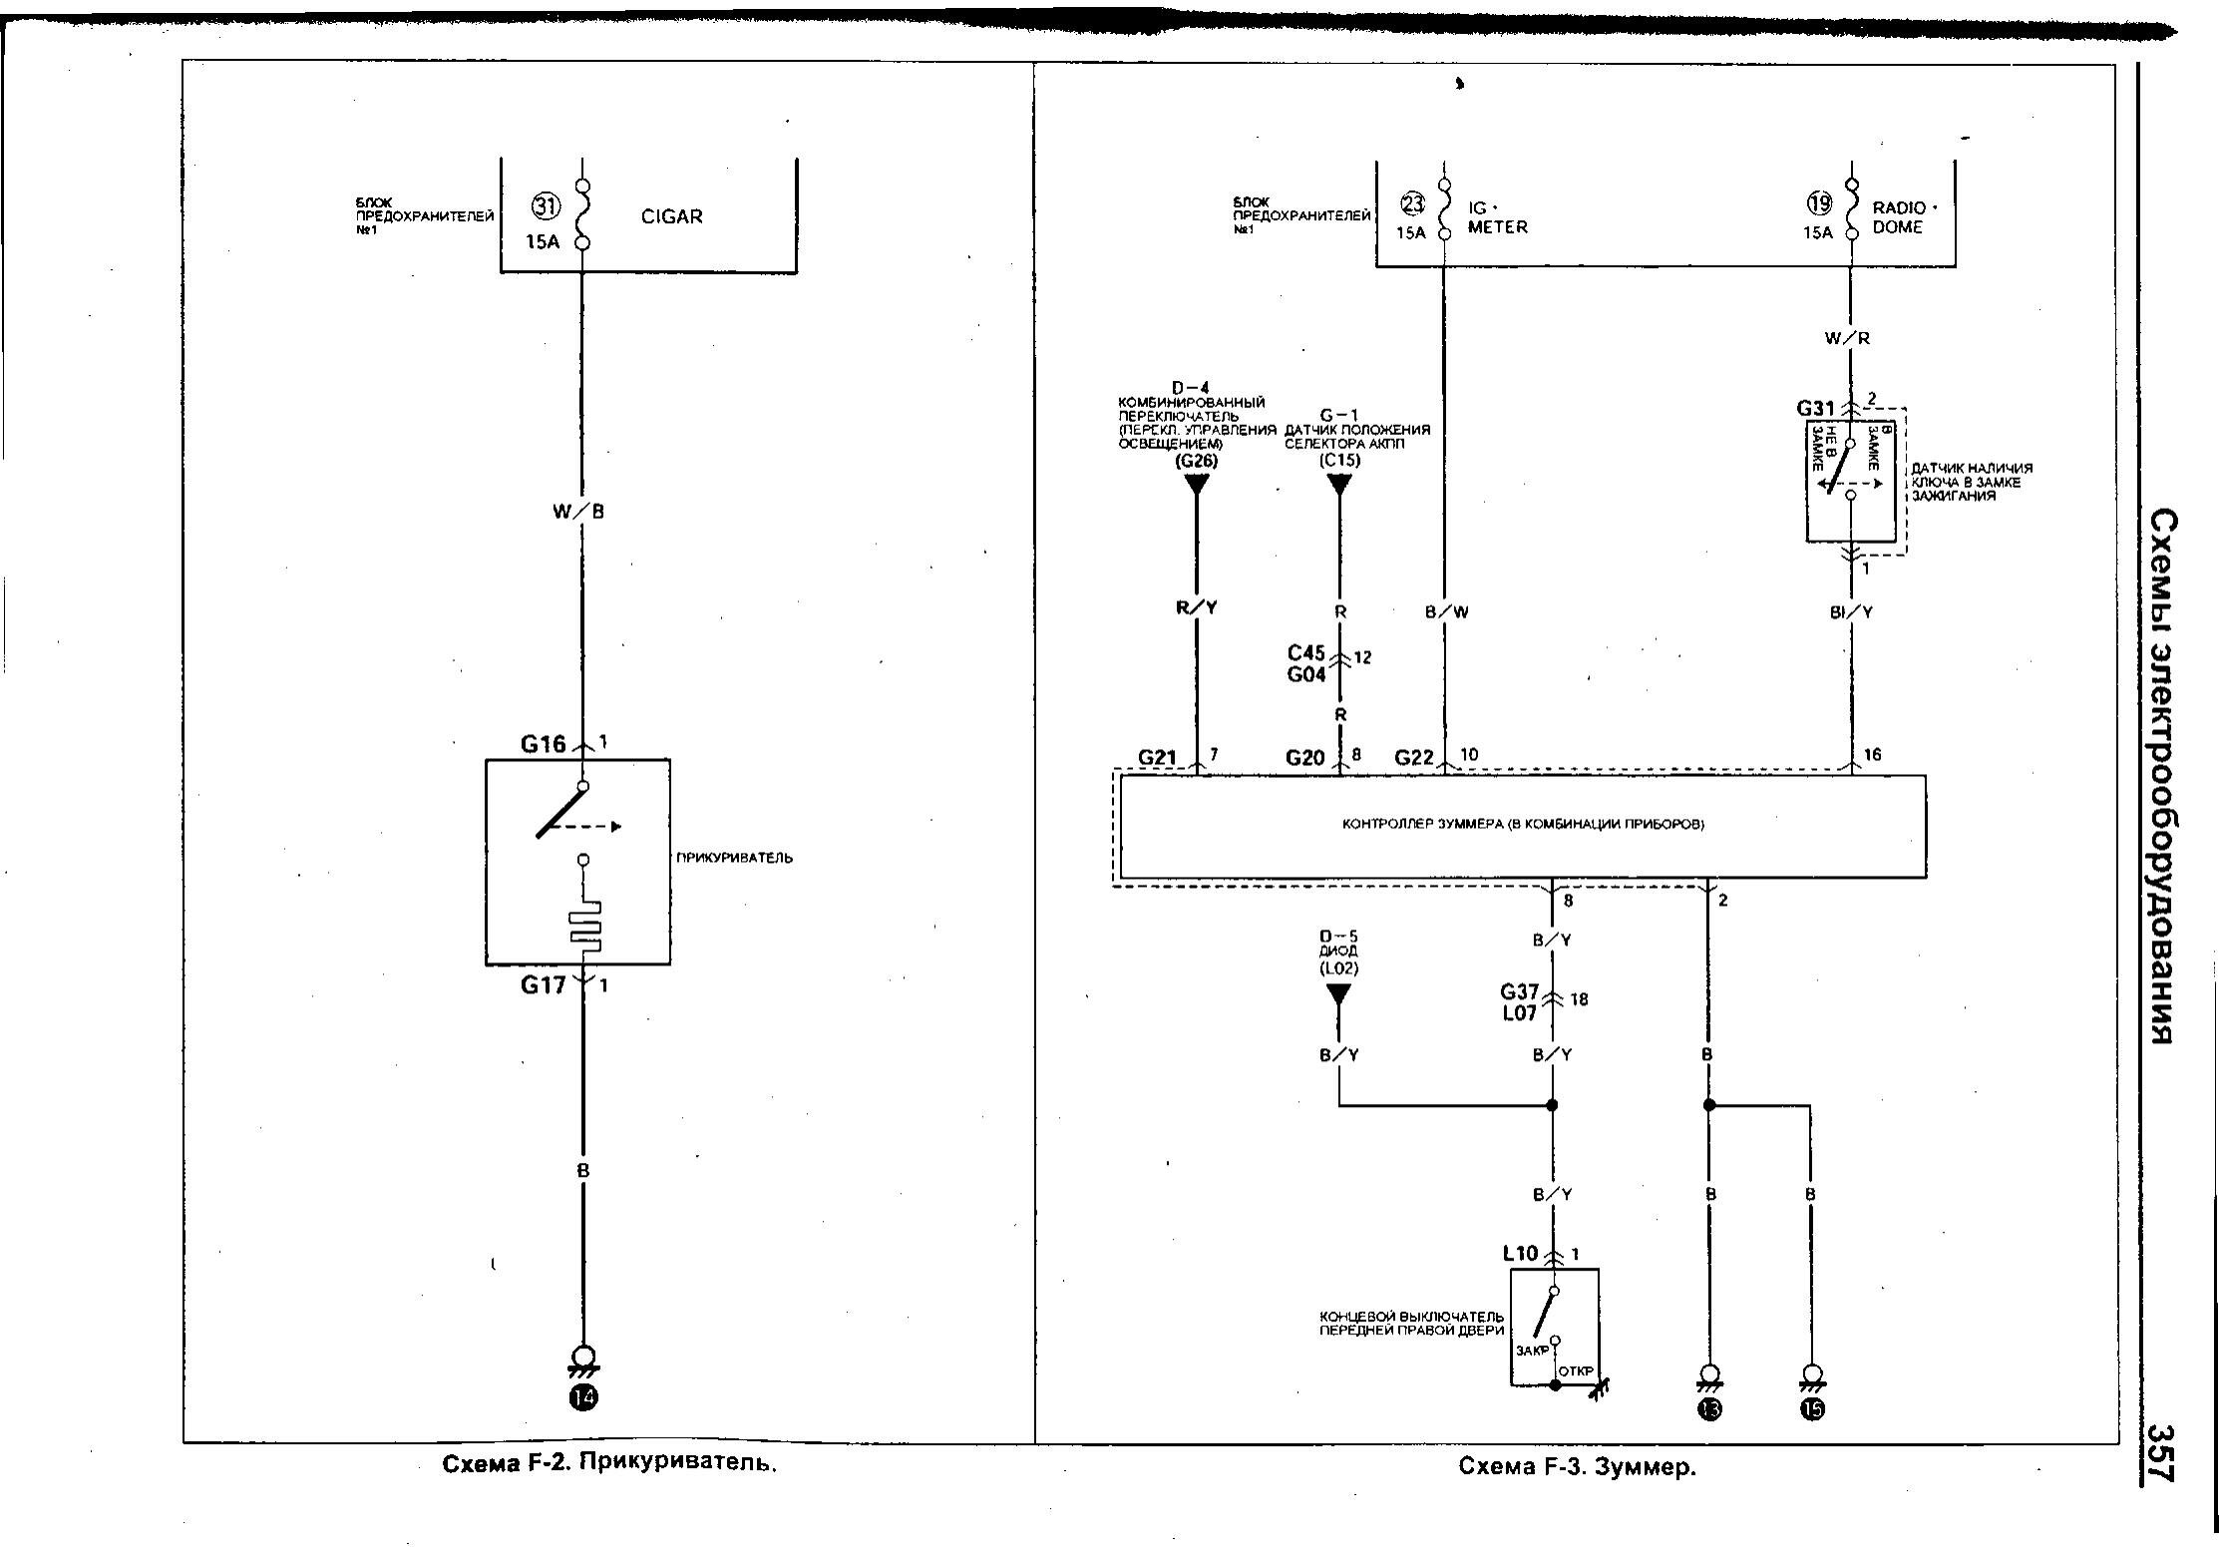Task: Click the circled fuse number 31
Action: pyautogui.click(x=546, y=206)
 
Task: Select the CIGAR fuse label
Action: pyautogui.click(x=671, y=216)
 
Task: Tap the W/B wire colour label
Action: pyautogui.click(x=578, y=512)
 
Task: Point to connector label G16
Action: pyautogui.click(x=543, y=744)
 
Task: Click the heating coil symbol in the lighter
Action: pyautogui.click(x=585, y=925)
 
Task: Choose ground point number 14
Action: pyautogui.click(x=583, y=1397)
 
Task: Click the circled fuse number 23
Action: pyautogui.click(x=1413, y=204)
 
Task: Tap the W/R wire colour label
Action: pyautogui.click(x=1847, y=338)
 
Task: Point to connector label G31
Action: pyautogui.click(x=1815, y=408)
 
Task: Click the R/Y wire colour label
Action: pyautogui.click(x=1197, y=607)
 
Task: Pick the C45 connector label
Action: pyautogui.click(x=1305, y=653)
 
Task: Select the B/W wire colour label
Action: pyautogui.click(x=1446, y=611)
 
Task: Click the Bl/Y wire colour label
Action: pyautogui.click(x=1851, y=611)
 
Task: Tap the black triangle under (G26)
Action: pyautogui.click(x=1196, y=485)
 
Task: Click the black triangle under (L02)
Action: pyautogui.click(x=1337, y=994)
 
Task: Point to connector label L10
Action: pyautogui.click(x=1520, y=1254)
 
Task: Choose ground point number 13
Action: pyautogui.click(x=1710, y=1408)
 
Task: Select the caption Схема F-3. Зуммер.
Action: pyautogui.click(x=1577, y=1467)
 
